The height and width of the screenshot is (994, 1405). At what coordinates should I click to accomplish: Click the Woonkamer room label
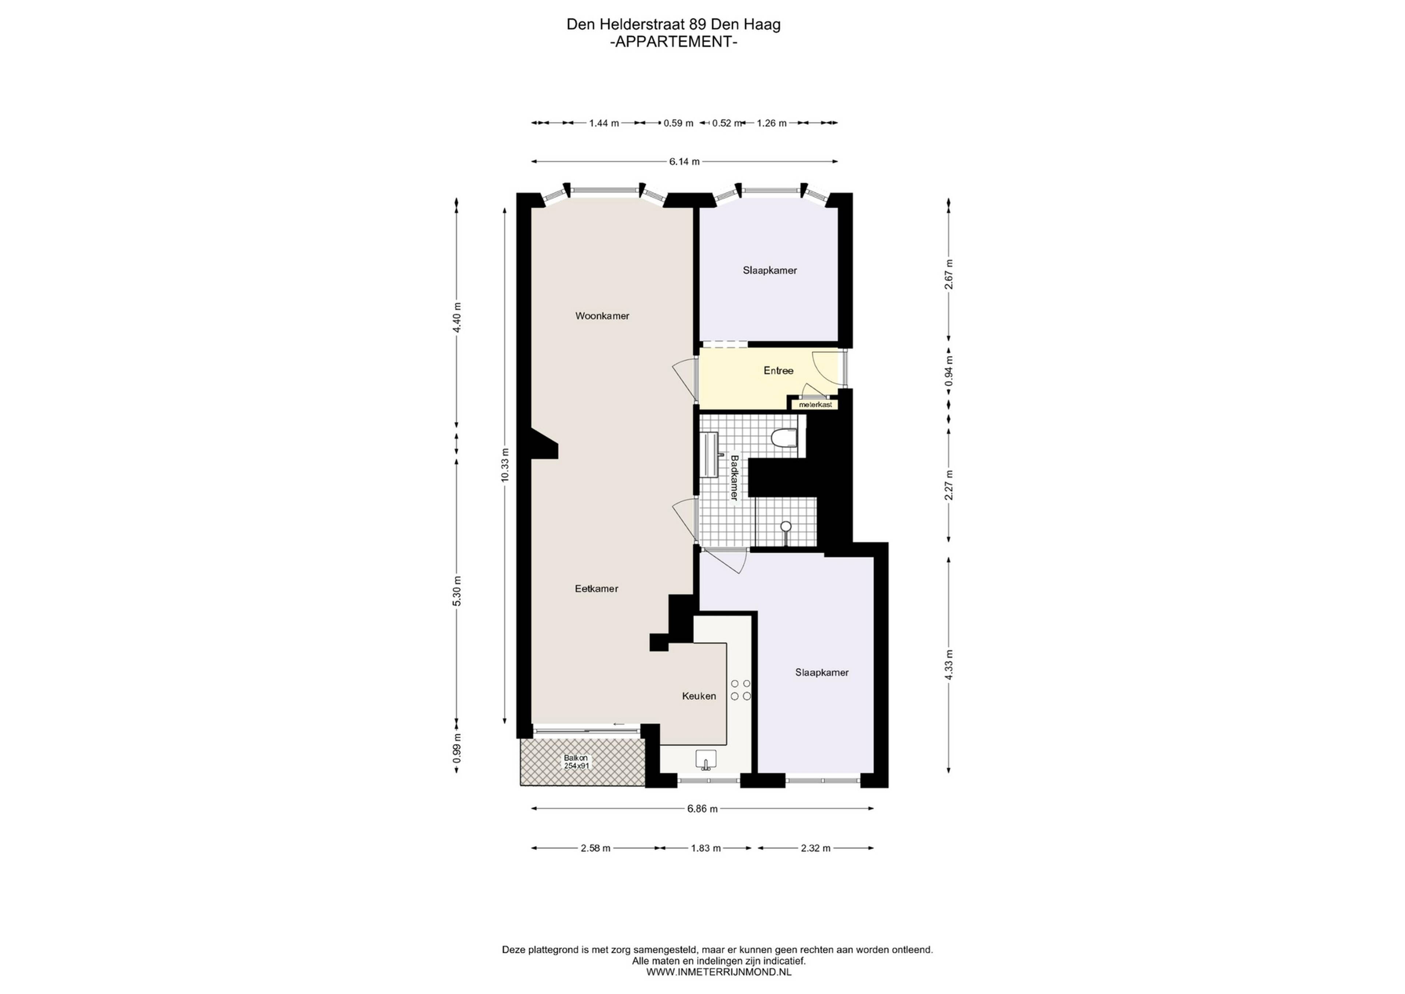tap(602, 316)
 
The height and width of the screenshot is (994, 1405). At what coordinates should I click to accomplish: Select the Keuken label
tap(699, 696)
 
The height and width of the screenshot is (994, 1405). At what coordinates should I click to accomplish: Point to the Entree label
tap(778, 371)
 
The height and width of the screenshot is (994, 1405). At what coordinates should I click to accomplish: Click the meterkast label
tap(815, 404)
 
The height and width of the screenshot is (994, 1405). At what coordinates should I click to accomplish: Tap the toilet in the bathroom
tap(784, 438)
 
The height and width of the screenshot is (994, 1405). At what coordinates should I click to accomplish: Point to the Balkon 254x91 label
tap(576, 761)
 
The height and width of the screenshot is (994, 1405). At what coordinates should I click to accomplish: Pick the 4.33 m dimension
tap(948, 665)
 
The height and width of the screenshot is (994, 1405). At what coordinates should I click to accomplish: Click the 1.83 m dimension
tap(705, 848)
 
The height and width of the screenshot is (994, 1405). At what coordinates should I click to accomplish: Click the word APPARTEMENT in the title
tap(674, 42)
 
